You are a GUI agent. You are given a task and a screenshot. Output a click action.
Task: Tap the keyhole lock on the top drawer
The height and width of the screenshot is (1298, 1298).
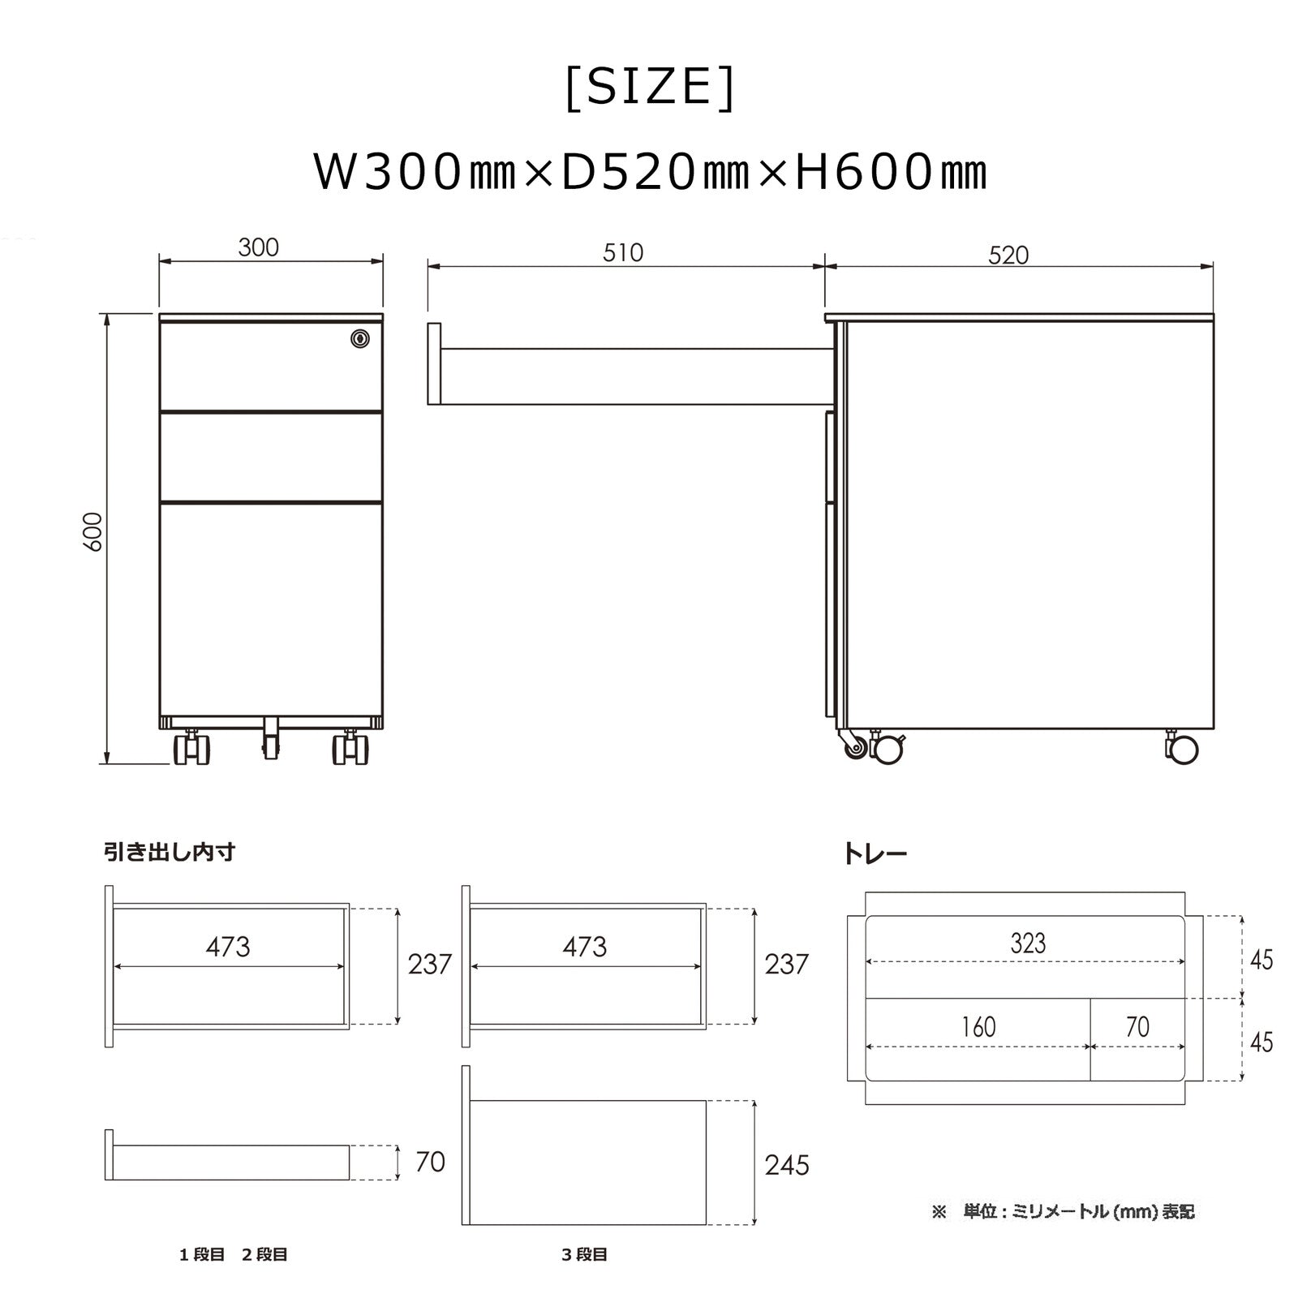coord(360,338)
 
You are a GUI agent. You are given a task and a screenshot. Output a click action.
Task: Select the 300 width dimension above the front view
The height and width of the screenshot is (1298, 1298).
coord(259,247)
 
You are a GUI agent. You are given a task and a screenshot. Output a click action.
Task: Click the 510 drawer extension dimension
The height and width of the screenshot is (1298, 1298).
coord(623,253)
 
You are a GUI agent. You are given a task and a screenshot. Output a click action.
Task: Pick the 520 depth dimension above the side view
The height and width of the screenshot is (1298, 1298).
coord(1008,256)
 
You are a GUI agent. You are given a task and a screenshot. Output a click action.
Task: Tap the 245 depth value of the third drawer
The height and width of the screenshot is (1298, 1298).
coord(787,1165)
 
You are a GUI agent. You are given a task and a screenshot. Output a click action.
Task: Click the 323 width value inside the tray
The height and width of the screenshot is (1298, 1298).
coord(1028,943)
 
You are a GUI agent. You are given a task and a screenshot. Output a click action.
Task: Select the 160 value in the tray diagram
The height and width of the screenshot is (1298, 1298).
coord(978,1027)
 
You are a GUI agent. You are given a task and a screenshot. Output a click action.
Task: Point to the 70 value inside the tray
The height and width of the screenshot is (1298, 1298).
coord(1137,1027)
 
